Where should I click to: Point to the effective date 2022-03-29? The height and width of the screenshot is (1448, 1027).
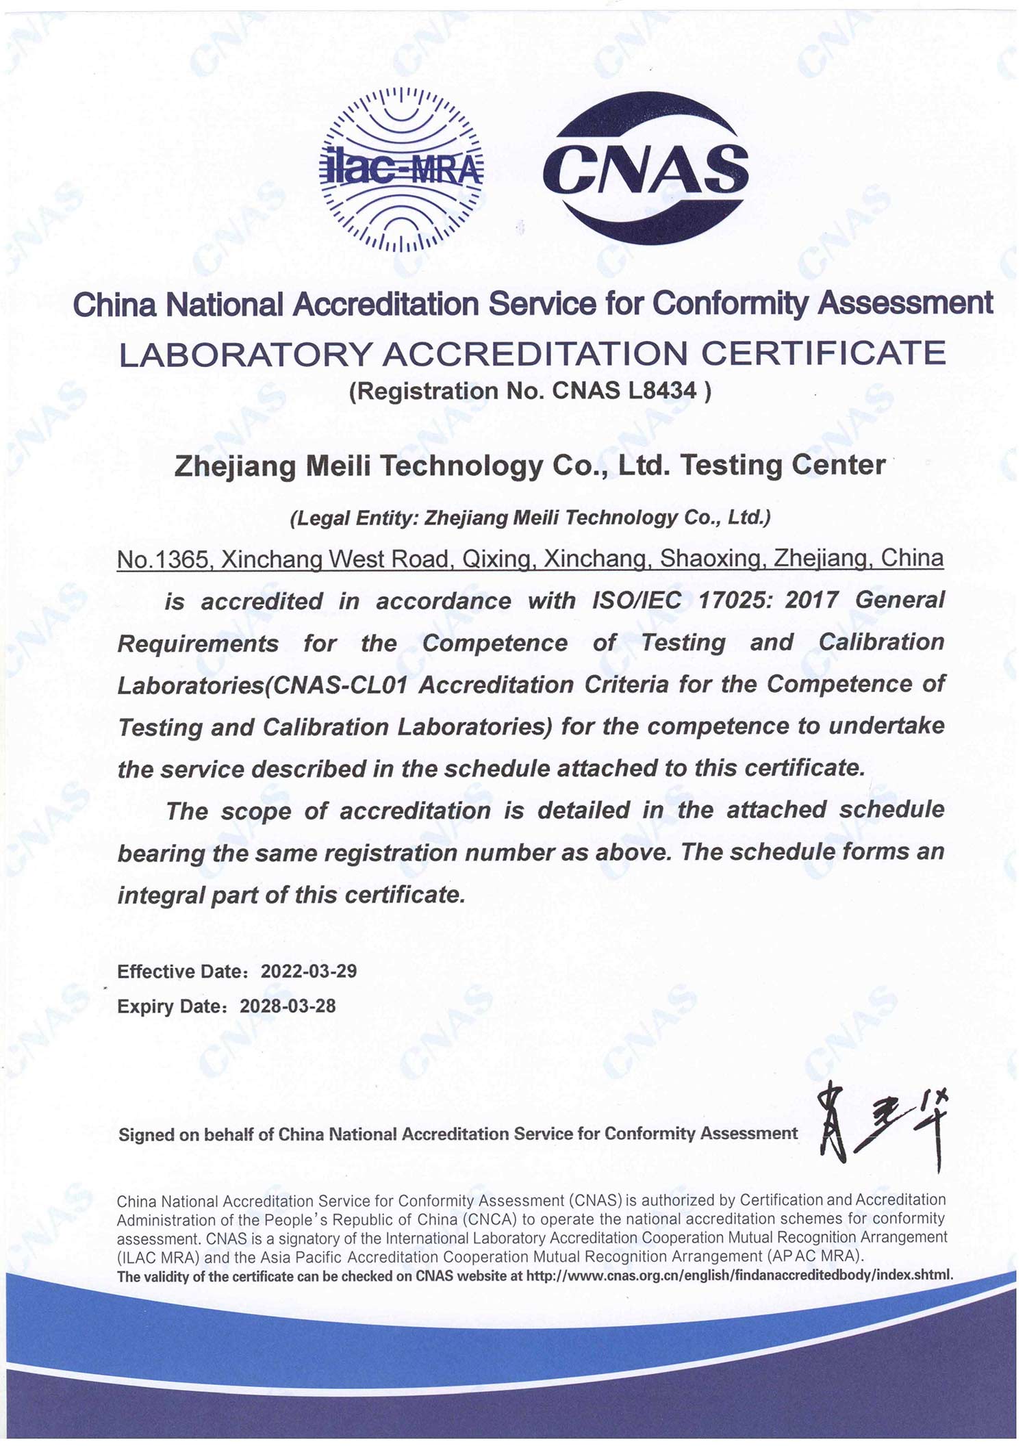(x=309, y=971)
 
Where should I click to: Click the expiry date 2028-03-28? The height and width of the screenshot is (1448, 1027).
(x=288, y=1006)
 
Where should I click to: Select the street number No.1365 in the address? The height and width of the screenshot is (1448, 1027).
(x=162, y=559)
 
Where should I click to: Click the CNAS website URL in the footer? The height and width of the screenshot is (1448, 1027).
(x=739, y=1275)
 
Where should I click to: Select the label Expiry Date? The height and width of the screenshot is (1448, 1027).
(x=171, y=1006)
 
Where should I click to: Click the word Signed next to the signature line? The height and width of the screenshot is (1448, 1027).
(x=146, y=1134)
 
